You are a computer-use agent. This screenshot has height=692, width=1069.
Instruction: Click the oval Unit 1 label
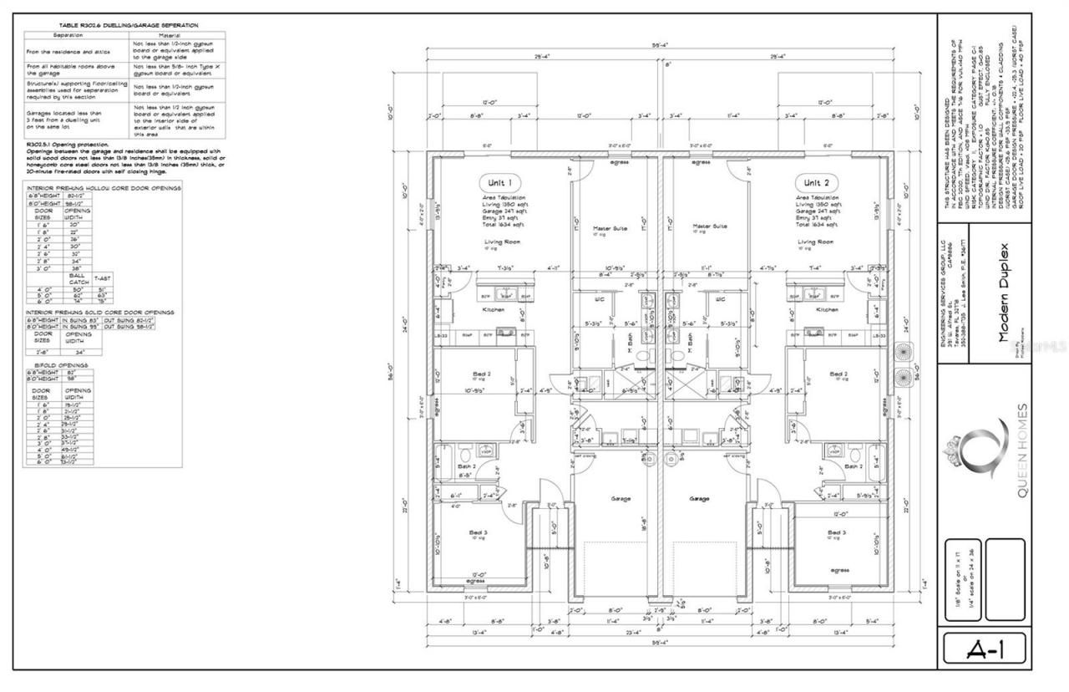[500, 182]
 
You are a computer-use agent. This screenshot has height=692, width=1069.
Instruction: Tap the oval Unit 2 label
[815, 182]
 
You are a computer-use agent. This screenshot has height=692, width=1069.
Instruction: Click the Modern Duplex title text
[1004, 293]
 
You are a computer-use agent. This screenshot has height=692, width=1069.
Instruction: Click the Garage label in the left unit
[620, 499]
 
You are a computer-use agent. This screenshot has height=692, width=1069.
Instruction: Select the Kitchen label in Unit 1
[494, 309]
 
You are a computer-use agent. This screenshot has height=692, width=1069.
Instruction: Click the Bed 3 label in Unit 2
[837, 532]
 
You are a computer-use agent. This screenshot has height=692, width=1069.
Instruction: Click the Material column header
[175, 35]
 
